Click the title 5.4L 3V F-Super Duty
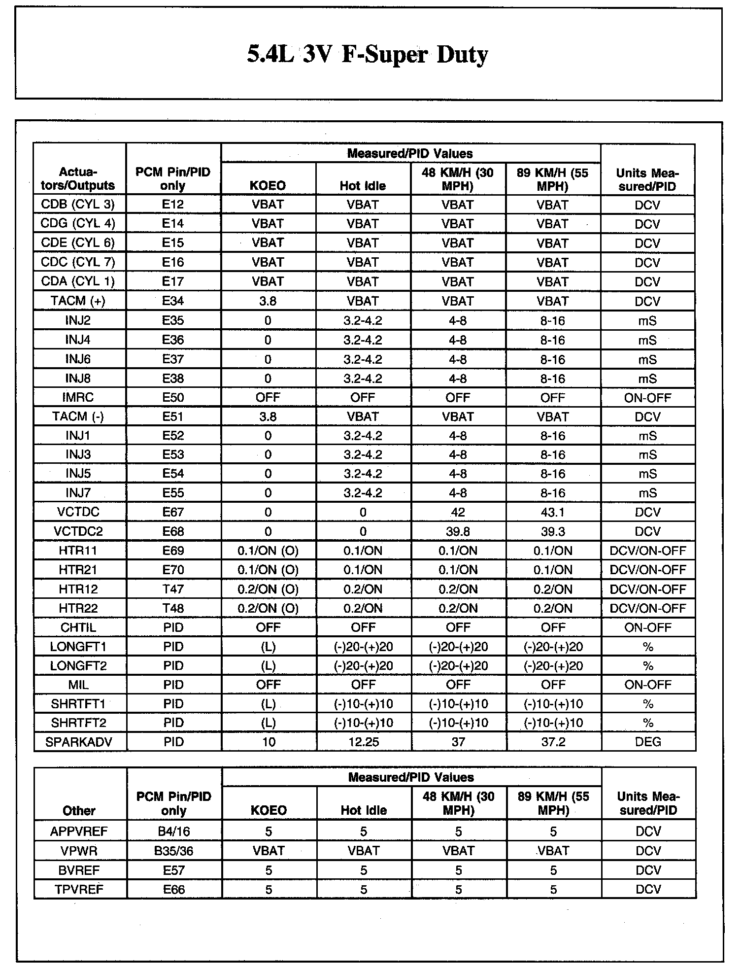[x=367, y=55]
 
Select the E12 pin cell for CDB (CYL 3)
[x=173, y=204]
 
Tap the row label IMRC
[x=78, y=397]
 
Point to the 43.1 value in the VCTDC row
[x=552, y=512]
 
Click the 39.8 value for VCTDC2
[x=458, y=531]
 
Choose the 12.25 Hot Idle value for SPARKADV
[x=364, y=742]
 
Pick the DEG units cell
[x=648, y=742]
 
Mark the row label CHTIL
[x=78, y=627]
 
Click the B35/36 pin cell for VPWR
[x=173, y=851]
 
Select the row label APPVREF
[x=79, y=831]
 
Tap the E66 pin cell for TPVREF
[x=173, y=889]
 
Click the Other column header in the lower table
[x=79, y=810]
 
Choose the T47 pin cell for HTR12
[x=173, y=589]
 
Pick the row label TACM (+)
[x=78, y=301]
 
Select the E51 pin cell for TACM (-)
[x=173, y=416]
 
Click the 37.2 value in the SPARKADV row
[x=553, y=742]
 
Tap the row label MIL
[x=78, y=685]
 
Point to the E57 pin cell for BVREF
[x=173, y=870]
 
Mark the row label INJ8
[x=78, y=379]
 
